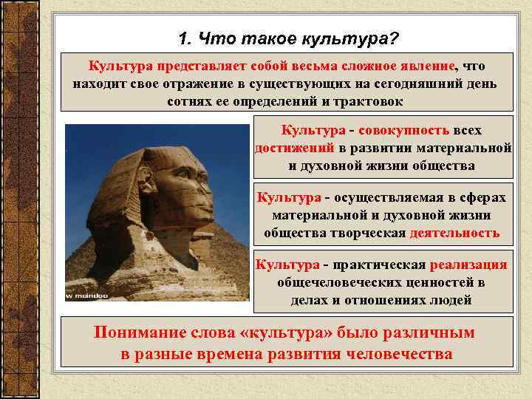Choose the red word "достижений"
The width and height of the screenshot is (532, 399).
pyautogui.click(x=289, y=148)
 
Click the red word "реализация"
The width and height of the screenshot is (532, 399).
pyautogui.click(x=469, y=265)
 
